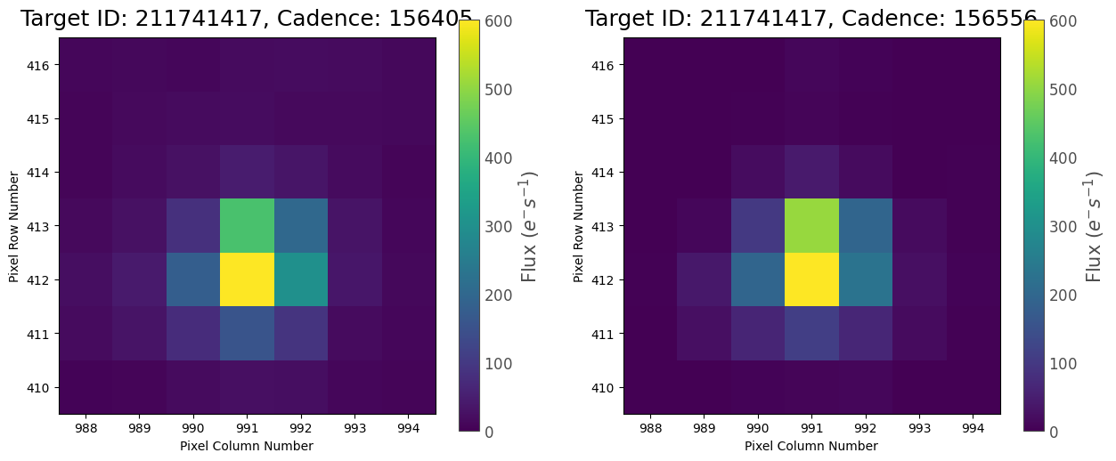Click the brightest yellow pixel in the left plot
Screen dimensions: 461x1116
click(x=247, y=279)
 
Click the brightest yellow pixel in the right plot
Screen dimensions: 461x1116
click(x=811, y=279)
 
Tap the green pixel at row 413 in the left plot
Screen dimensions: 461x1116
click(x=247, y=225)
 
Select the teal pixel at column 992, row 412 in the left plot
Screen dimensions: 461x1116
click(x=301, y=279)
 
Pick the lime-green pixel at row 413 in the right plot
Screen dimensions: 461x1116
click(x=811, y=225)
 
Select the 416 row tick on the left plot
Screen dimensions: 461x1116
click(x=42, y=65)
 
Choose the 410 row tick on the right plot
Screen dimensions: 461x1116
click(x=607, y=387)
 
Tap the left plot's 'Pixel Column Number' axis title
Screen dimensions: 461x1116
click(x=247, y=446)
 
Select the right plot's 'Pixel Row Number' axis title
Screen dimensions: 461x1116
click(x=579, y=225)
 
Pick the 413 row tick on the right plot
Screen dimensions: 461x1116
click(x=607, y=225)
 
